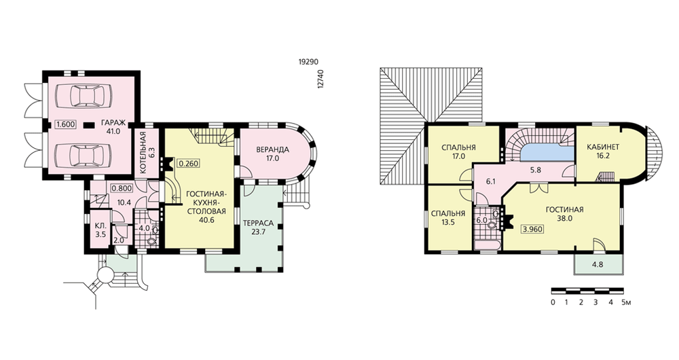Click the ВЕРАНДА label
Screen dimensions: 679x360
tap(272, 150)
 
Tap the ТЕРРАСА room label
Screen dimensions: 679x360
tap(258, 223)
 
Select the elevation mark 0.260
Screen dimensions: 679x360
tap(187, 164)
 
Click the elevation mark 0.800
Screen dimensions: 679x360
tap(122, 189)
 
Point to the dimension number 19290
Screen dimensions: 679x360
tap(309, 62)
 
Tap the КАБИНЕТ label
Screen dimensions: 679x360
tap(603, 147)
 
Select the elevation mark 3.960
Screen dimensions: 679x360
tap(532, 229)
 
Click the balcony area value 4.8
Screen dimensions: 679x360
tap(598, 264)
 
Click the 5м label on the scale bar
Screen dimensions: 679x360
tap(626, 302)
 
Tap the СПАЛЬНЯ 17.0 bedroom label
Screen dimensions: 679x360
tap(458, 151)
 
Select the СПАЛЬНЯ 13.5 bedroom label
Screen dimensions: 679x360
tap(449, 218)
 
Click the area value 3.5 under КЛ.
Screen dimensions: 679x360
tap(100, 235)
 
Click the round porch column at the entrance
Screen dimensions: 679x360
tap(105, 274)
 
